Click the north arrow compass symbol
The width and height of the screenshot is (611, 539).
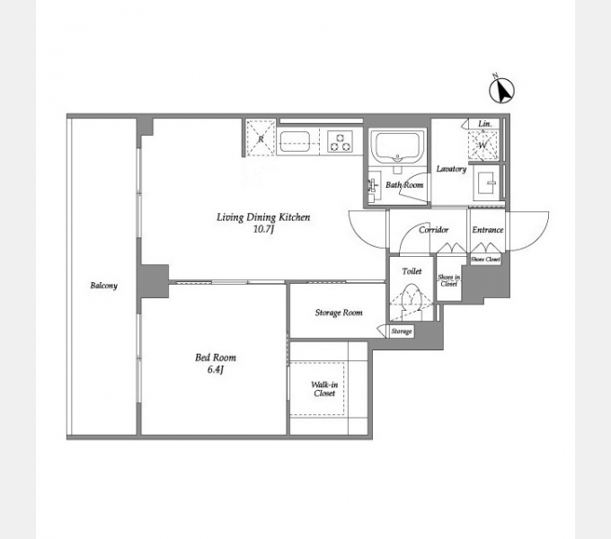(x=501, y=90)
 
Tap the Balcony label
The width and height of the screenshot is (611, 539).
(x=103, y=286)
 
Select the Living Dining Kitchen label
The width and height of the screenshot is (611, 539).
(x=263, y=216)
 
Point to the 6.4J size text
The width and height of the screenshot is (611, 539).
(x=215, y=369)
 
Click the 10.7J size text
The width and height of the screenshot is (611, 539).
(x=264, y=229)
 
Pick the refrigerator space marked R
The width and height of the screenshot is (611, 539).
(x=261, y=138)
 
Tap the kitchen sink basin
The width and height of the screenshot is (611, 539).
(x=295, y=142)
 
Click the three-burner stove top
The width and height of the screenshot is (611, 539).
(x=340, y=142)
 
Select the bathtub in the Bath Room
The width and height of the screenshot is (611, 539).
(x=397, y=147)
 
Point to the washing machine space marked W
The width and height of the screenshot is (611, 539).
(x=483, y=145)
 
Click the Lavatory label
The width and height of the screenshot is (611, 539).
(x=451, y=169)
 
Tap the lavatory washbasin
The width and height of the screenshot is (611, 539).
(x=488, y=182)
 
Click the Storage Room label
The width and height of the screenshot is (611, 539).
(x=339, y=313)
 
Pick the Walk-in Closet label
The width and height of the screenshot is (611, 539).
(x=324, y=389)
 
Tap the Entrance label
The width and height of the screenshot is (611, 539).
(x=488, y=230)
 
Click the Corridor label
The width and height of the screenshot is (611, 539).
(x=433, y=230)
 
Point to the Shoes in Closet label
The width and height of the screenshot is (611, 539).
(x=448, y=280)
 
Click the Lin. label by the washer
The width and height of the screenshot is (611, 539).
(x=484, y=124)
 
